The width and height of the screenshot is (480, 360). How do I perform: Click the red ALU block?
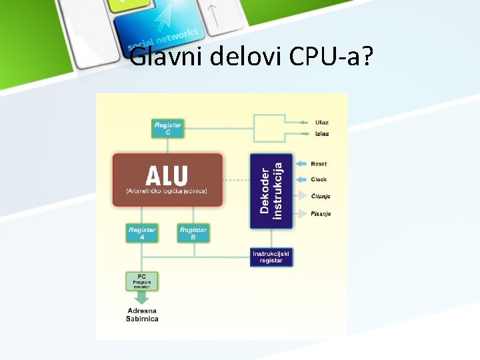coord(167,179)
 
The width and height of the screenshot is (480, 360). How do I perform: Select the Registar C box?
coord(168,129)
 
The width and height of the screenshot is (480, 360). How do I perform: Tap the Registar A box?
coord(141,233)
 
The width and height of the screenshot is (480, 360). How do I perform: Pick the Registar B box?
coord(193,233)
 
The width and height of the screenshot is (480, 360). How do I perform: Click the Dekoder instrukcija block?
coord(271,191)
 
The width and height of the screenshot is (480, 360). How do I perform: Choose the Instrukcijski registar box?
coord(271,257)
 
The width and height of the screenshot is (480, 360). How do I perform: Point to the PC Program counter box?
coord(142,281)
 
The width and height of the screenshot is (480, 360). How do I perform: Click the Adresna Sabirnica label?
coord(142,315)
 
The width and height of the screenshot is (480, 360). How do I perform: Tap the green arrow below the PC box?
coord(142,297)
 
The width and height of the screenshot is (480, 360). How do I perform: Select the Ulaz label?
coord(322,123)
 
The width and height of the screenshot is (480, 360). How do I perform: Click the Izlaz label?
coord(322,134)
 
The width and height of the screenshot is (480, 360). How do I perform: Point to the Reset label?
coord(319,164)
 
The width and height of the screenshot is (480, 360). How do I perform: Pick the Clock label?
coord(319,180)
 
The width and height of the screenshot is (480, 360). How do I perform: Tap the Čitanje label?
coord(321,197)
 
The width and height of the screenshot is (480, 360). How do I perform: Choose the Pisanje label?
coord(321,214)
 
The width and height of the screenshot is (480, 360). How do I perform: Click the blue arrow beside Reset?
coord(302,164)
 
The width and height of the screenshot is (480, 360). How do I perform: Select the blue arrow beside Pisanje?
coord(302,214)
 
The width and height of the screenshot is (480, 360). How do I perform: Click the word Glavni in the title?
coord(167,57)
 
